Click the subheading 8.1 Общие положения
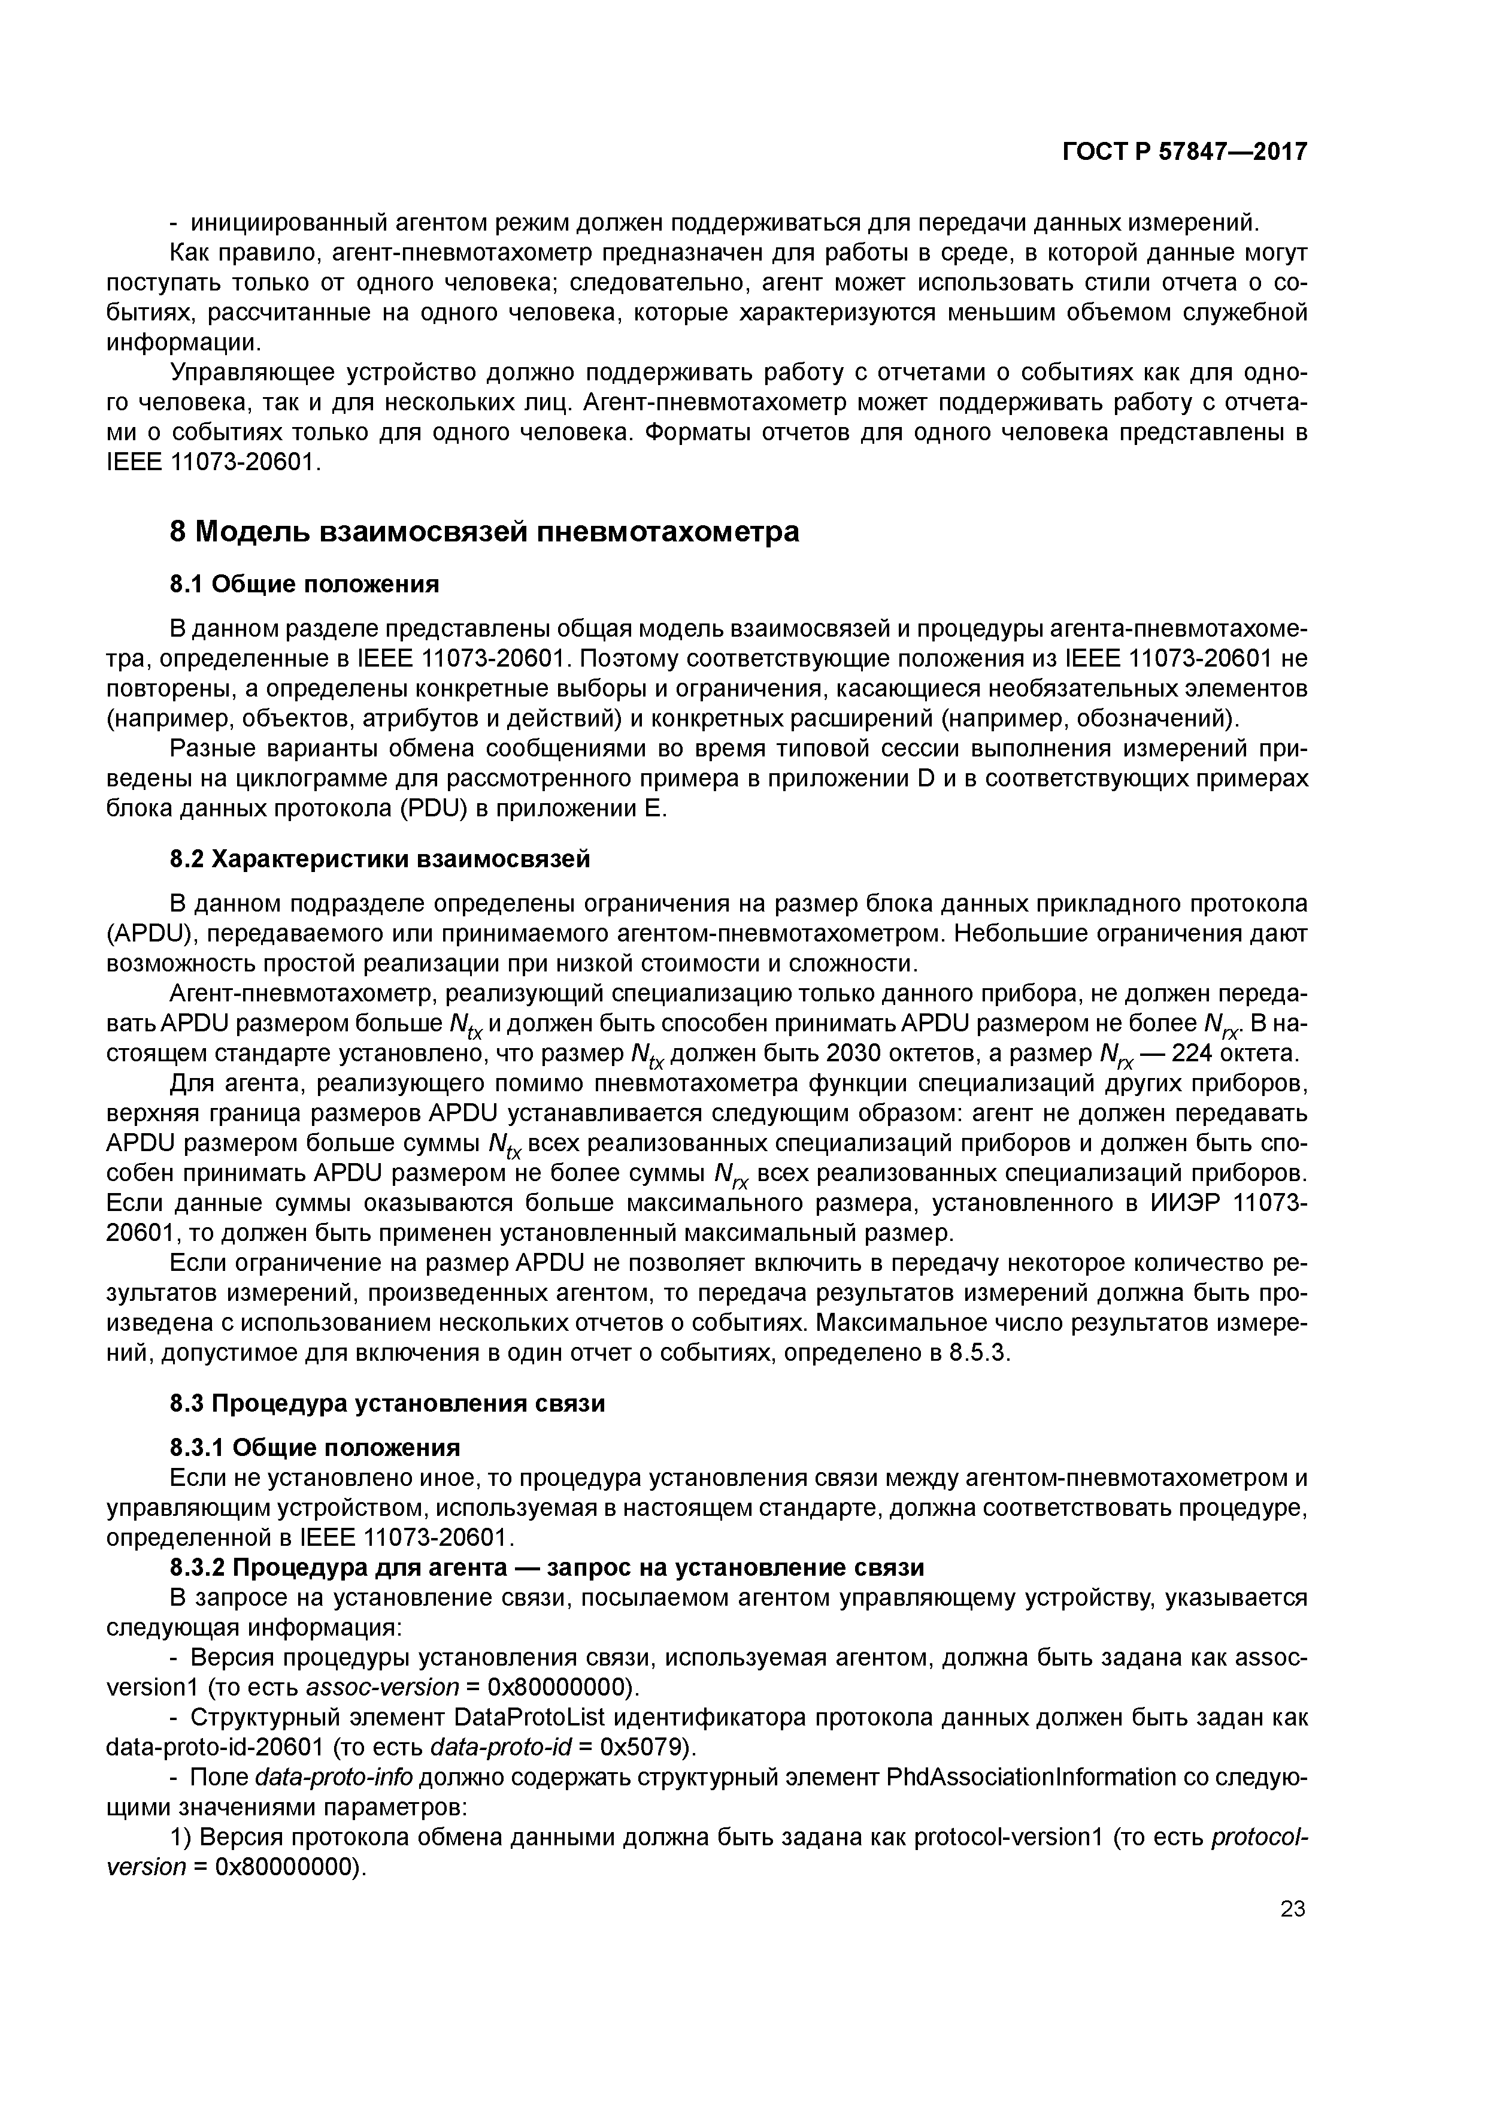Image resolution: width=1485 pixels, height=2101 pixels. tap(305, 584)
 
